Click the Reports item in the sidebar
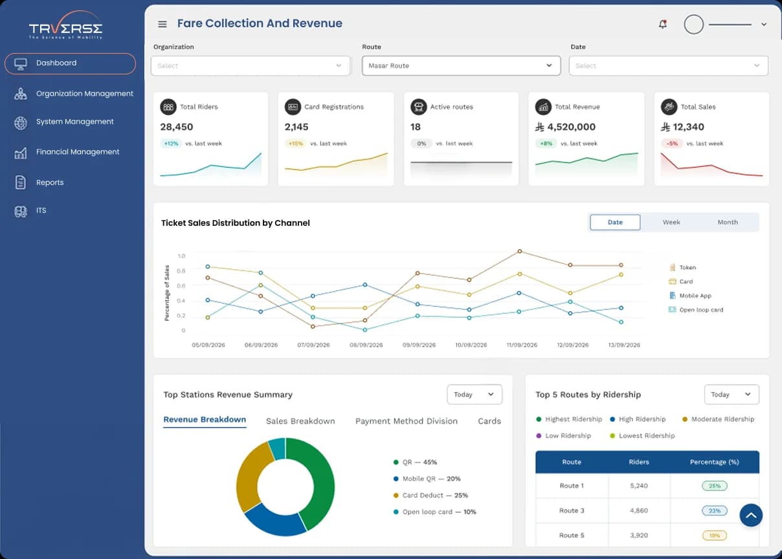pos(50,182)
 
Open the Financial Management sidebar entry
pos(78,152)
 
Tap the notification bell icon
pos(663,24)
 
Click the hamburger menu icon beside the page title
pos(162,24)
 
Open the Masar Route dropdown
pos(461,65)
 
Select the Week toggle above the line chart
pos(671,223)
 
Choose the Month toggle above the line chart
pos(728,223)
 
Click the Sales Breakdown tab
pos(300,421)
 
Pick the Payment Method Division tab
pos(407,421)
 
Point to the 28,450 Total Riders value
pos(177,127)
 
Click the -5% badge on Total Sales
pos(672,144)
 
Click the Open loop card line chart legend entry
pos(696,310)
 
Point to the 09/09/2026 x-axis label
pos(419,345)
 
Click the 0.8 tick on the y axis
pos(181,271)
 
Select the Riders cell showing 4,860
pos(639,510)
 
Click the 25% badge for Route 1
pos(715,486)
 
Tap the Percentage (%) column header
pos(714,462)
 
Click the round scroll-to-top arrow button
pos(750,516)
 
